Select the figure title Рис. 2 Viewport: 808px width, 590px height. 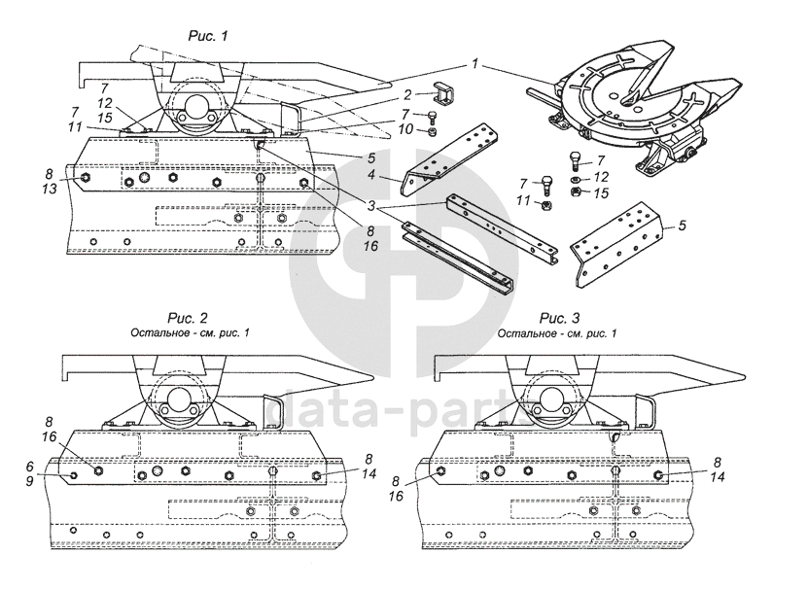point(186,318)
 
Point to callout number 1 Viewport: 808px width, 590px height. point(474,63)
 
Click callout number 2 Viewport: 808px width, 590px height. point(407,94)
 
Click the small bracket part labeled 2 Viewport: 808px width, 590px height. point(442,97)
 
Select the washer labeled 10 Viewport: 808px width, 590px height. point(431,129)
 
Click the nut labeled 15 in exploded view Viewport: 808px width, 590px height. point(576,192)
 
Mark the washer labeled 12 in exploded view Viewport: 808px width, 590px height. point(576,178)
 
